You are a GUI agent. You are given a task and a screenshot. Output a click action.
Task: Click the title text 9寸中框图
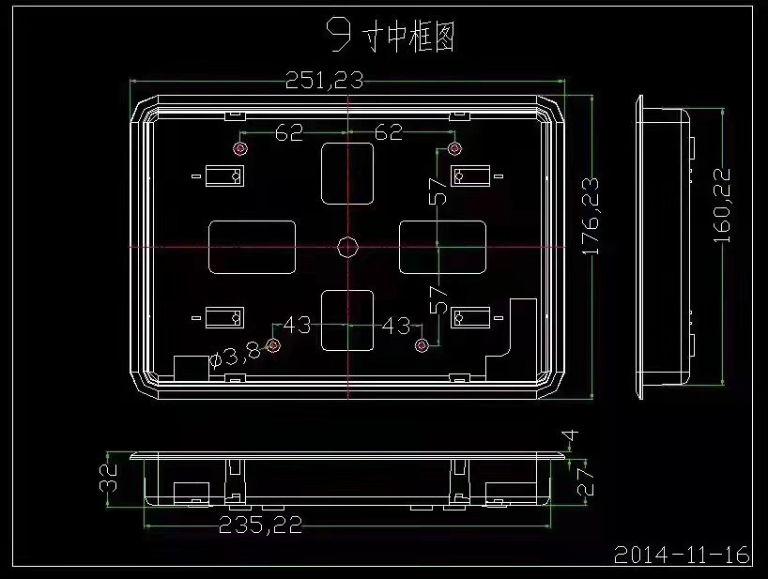pos(391,37)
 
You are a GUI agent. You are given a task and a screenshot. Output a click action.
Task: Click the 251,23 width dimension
pos(324,81)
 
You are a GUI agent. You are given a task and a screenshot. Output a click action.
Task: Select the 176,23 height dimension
pos(591,217)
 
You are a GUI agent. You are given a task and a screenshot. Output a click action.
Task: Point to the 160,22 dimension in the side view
pos(722,206)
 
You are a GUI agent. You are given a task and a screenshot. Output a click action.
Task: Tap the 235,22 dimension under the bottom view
pos(260,526)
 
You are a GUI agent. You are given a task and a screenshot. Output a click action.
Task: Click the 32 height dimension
pos(109,478)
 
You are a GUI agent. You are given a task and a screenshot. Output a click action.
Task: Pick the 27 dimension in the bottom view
pos(585,481)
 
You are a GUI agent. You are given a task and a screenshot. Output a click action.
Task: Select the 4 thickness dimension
pos(572,434)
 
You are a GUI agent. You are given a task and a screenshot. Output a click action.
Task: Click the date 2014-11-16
pos(682,555)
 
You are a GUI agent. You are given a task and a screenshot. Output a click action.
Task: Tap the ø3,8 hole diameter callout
pos(235,354)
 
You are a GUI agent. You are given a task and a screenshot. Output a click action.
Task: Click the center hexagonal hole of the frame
pos(347,247)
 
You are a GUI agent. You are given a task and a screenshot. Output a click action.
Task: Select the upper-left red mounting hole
pos(240,148)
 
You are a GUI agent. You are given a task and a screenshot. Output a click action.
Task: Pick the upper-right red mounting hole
pos(454,148)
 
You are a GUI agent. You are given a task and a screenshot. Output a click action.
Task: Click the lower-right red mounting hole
pos(422,346)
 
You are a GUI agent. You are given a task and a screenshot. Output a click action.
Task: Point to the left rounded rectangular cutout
pos(253,247)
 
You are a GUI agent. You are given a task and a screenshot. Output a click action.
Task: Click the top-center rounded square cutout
pos(347,174)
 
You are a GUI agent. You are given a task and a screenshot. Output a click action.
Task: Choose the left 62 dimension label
pos(289,132)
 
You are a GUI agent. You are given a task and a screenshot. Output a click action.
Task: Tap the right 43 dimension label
pos(396,326)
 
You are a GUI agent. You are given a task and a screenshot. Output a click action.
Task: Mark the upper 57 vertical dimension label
pos(438,190)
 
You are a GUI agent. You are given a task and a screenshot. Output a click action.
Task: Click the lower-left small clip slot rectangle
pos(224,317)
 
